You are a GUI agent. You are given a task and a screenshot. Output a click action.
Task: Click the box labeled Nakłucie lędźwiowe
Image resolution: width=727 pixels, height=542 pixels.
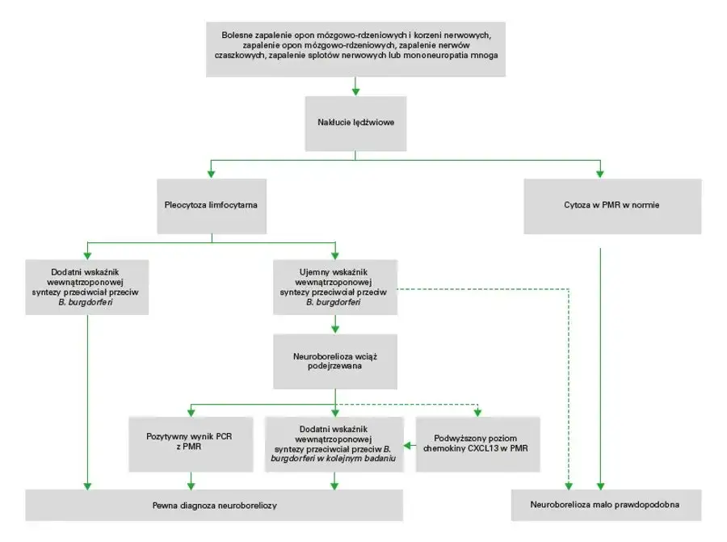click(355, 123)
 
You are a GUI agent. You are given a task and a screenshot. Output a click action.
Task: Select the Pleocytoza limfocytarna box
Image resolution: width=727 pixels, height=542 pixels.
click(211, 205)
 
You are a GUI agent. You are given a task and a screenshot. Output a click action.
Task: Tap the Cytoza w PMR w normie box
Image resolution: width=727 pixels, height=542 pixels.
click(612, 205)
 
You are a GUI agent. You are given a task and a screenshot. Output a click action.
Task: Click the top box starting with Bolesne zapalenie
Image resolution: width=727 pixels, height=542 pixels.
click(355, 49)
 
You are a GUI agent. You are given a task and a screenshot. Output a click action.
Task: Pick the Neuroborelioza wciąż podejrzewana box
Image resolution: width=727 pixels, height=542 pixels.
click(334, 361)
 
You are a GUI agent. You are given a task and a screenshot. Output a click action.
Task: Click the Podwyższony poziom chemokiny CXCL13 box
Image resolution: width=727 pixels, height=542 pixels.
click(476, 443)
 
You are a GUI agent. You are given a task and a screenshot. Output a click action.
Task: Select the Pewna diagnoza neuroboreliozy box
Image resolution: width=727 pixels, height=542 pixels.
click(214, 505)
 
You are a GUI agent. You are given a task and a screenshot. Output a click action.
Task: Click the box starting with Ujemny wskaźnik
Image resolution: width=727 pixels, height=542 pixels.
click(334, 285)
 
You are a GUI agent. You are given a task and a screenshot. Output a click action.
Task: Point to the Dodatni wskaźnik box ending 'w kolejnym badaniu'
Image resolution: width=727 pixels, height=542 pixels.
click(334, 443)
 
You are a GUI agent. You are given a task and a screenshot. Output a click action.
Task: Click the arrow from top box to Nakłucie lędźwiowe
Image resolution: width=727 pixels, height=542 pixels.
click(355, 87)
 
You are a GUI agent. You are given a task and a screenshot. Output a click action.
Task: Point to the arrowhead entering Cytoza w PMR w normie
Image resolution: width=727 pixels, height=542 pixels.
click(600, 173)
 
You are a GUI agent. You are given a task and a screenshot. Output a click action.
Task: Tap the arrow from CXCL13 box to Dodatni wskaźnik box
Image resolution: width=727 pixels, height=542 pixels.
click(410, 444)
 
